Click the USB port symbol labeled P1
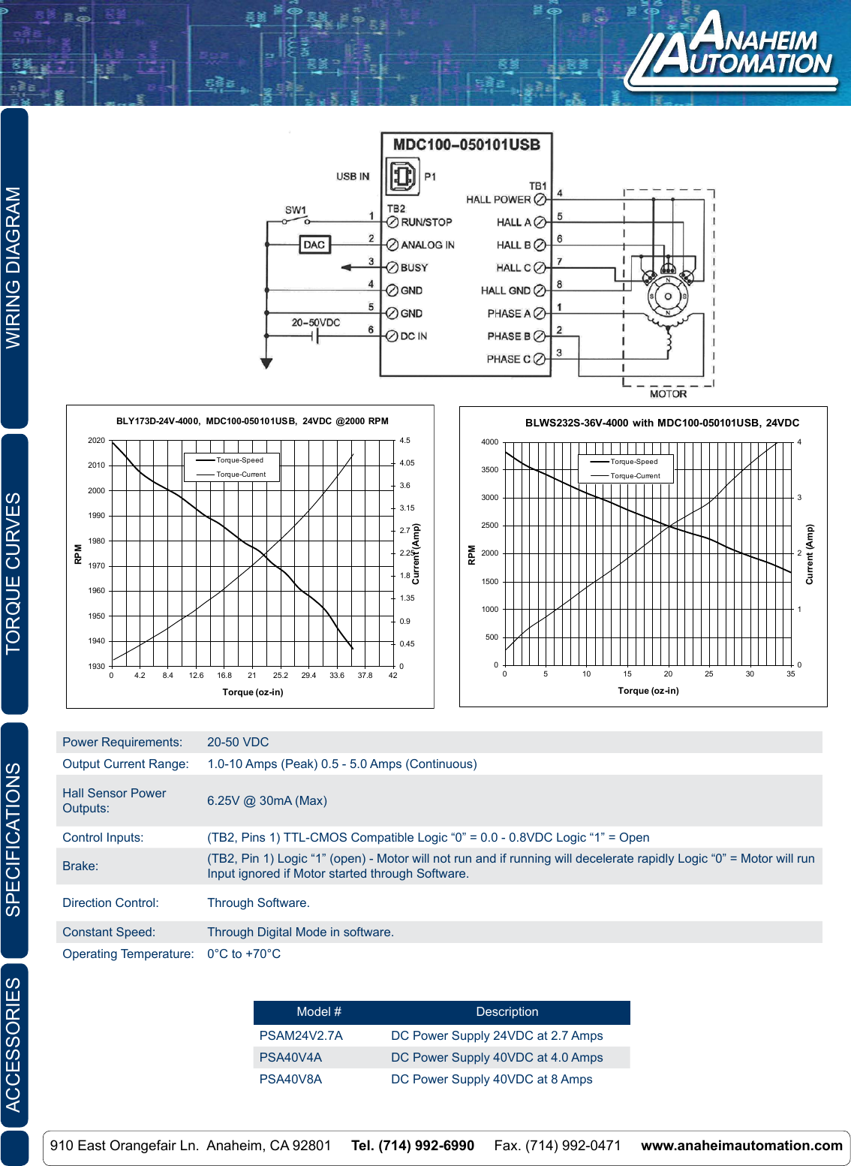pyautogui.click(x=401, y=176)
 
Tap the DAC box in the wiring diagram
pyautogui.click(x=314, y=245)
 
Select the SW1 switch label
pyautogui.click(x=295, y=210)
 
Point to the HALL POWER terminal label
pyautogui.click(x=498, y=200)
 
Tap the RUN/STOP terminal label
pyautogui.click(x=426, y=222)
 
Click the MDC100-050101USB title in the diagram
pyautogui.click(x=466, y=145)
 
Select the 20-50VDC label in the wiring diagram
pyautogui.click(x=315, y=323)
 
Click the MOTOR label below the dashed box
pyautogui.click(x=668, y=394)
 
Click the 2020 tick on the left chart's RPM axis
pyautogui.click(x=96, y=441)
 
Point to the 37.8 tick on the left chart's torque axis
pyautogui.click(x=365, y=676)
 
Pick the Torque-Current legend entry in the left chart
pyautogui.click(x=241, y=475)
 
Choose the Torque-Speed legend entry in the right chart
pyautogui.click(x=633, y=462)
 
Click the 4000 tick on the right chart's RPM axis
pyautogui.click(x=489, y=442)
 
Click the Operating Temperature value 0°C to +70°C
pyautogui.click(x=244, y=954)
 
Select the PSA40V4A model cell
pyautogui.click(x=290, y=1058)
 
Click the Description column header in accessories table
pyautogui.click(x=507, y=1012)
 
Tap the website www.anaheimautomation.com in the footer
pyautogui.click(x=741, y=1146)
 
